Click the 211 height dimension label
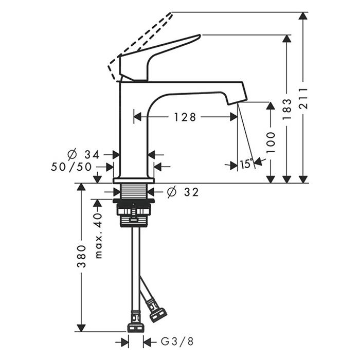(303, 98)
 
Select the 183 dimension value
(287, 109)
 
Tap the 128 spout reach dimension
(185, 117)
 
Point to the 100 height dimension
(271, 142)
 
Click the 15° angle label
(246, 164)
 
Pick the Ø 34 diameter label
(83, 154)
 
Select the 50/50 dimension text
(71, 167)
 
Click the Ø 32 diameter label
(183, 192)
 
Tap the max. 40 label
(98, 236)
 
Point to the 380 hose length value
(81, 257)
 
